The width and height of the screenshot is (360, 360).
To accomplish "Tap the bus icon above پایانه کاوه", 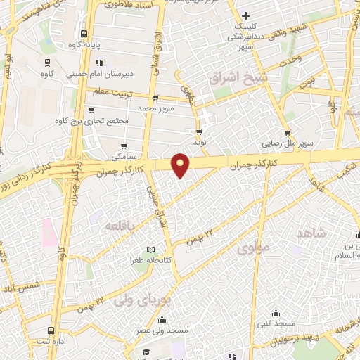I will (x=84, y=34).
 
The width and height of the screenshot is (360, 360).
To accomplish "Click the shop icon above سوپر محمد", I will (x=155, y=98).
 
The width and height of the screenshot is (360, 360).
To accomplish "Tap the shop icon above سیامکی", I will (x=124, y=146).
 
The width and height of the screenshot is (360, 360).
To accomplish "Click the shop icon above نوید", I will (x=200, y=131).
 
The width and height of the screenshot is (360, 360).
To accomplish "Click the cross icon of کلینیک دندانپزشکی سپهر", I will (x=245, y=15).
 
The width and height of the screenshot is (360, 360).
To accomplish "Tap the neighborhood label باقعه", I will (x=120, y=226).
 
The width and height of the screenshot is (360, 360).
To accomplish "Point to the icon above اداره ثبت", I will (x=51, y=330).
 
